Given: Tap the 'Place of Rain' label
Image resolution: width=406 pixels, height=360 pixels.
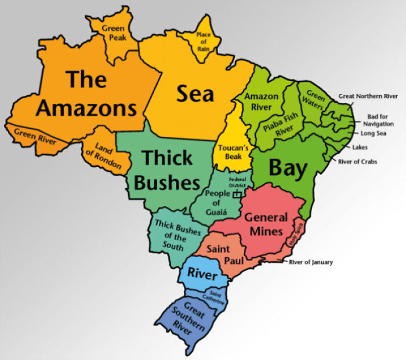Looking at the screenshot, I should pos(203,41).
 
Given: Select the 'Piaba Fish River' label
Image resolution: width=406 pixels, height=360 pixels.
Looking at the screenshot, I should pos(280,124).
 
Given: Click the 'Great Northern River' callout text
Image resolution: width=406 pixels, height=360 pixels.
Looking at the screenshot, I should pos(368,96).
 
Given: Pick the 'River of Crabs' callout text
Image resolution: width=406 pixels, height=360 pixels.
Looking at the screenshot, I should pos(357,161).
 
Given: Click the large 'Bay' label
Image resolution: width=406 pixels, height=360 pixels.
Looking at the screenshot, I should pos(287,168).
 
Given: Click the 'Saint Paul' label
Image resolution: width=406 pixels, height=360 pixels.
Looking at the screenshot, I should pos(224,254).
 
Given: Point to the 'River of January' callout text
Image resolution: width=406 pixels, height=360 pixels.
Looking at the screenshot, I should pos(311,262).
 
